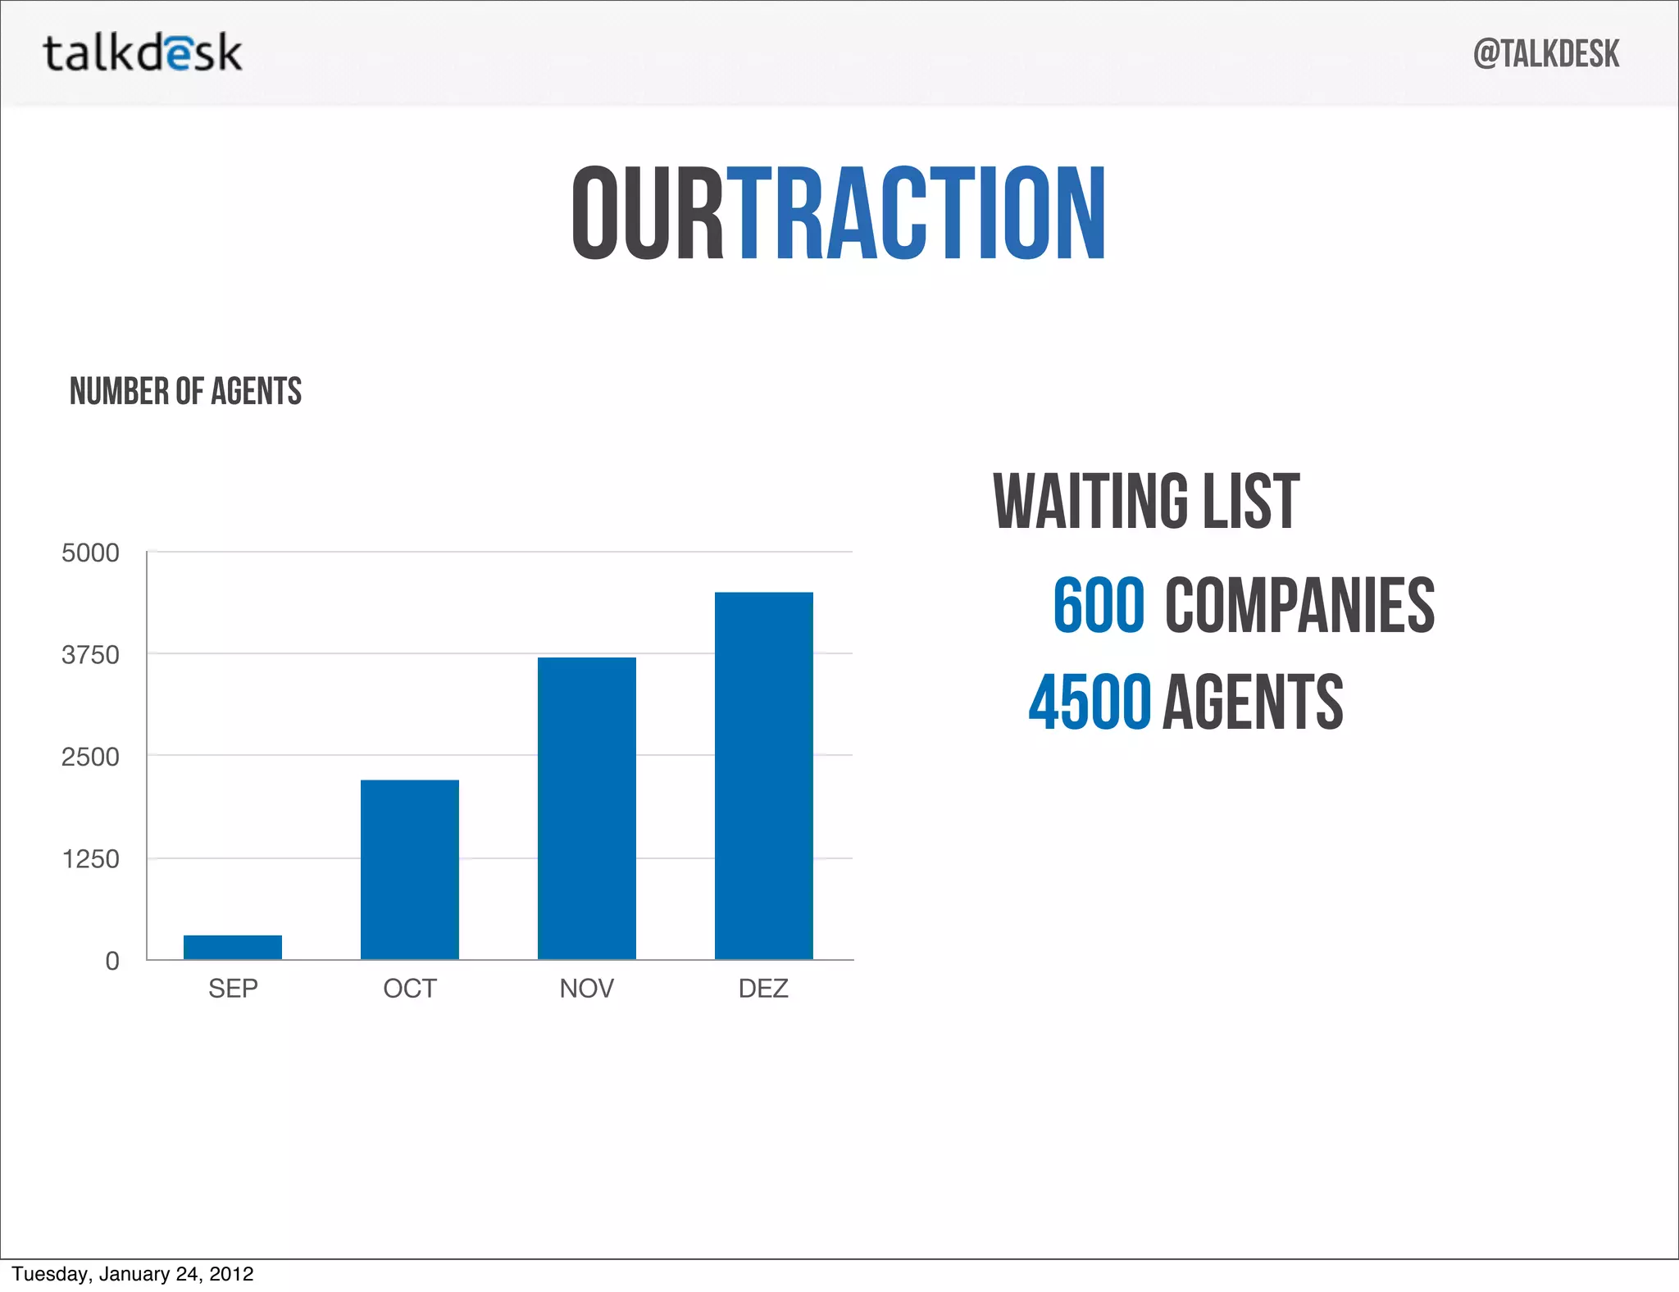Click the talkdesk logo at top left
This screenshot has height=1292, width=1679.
143,53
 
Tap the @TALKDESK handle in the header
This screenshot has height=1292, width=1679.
1545,54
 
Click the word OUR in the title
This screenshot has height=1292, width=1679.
648,213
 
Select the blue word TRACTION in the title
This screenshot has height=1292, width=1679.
917,213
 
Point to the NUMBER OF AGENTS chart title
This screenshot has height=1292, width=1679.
185,391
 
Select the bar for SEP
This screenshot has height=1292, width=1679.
233,947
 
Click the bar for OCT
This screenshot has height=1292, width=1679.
410,869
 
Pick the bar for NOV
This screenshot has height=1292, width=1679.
587,807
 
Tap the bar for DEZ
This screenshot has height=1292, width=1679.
764,775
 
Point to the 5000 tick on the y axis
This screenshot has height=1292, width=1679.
90,553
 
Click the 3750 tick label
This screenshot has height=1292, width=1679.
90,655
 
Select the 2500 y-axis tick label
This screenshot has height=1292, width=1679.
90,757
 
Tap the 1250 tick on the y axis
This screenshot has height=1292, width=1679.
90,859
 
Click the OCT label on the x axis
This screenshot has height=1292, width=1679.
410,989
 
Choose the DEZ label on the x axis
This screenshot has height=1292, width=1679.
763,989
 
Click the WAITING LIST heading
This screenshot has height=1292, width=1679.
1146,501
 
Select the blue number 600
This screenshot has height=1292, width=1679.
1099,605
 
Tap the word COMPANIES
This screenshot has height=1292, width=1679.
1299,605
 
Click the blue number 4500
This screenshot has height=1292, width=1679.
1090,702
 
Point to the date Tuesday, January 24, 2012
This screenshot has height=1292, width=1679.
133,1274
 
